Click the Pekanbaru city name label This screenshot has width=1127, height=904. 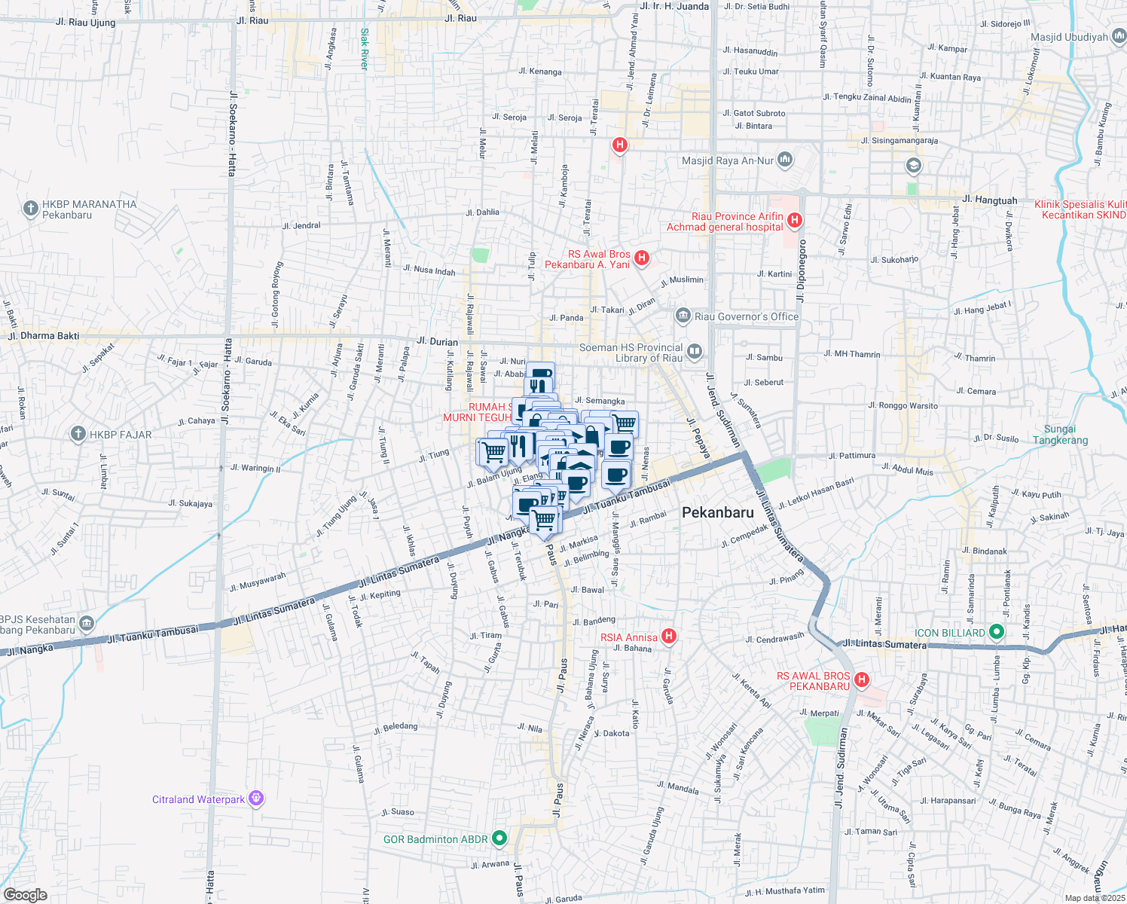pyautogui.click(x=717, y=512)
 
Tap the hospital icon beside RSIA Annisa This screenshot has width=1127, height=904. pyautogui.click(x=668, y=637)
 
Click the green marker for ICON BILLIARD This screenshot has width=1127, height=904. pyautogui.click(x=997, y=631)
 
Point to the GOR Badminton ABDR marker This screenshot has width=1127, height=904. pyautogui.click(x=499, y=838)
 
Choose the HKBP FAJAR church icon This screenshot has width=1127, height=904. pyautogui.click(x=78, y=433)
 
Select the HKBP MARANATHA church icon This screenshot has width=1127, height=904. pyautogui.click(x=30, y=208)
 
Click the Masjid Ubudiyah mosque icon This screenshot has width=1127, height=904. pyautogui.click(x=1119, y=36)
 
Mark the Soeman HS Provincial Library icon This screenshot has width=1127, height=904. pyautogui.click(x=695, y=351)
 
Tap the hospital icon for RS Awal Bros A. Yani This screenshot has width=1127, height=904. pyautogui.click(x=641, y=258)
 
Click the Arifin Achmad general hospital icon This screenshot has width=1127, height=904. pyautogui.click(x=794, y=220)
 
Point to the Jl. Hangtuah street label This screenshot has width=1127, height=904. pyautogui.click(x=989, y=200)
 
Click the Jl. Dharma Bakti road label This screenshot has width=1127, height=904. pyautogui.click(x=43, y=336)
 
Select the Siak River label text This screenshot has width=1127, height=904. pyautogui.click(x=365, y=49)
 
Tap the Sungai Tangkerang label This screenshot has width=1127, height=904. pyautogui.click(x=1060, y=435)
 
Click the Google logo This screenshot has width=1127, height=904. pyautogui.click(x=25, y=895)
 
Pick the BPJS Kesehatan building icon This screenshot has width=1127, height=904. pyautogui.click(x=87, y=623)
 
